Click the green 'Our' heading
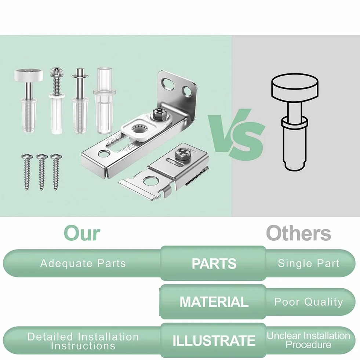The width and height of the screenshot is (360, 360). click(82, 233)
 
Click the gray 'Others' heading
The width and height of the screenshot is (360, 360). click(298, 233)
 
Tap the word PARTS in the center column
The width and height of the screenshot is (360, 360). click(214, 263)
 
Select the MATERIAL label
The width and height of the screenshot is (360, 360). click(214, 302)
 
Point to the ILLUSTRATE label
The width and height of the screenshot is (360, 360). click(214, 341)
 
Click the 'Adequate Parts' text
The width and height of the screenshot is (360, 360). click(83, 263)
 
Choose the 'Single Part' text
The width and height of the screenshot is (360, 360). click(309, 263)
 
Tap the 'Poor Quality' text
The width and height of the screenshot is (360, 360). click(309, 302)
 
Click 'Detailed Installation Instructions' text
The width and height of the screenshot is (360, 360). click(83, 341)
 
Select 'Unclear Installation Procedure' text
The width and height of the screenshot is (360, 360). click(309, 340)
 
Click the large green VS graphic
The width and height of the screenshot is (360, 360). click(236, 134)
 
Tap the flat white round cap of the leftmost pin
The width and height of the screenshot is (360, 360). click(29, 75)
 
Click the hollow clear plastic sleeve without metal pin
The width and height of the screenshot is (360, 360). click(104, 100)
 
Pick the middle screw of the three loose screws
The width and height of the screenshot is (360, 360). click(42, 171)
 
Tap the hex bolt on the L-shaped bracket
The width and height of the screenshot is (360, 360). click(159, 114)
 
